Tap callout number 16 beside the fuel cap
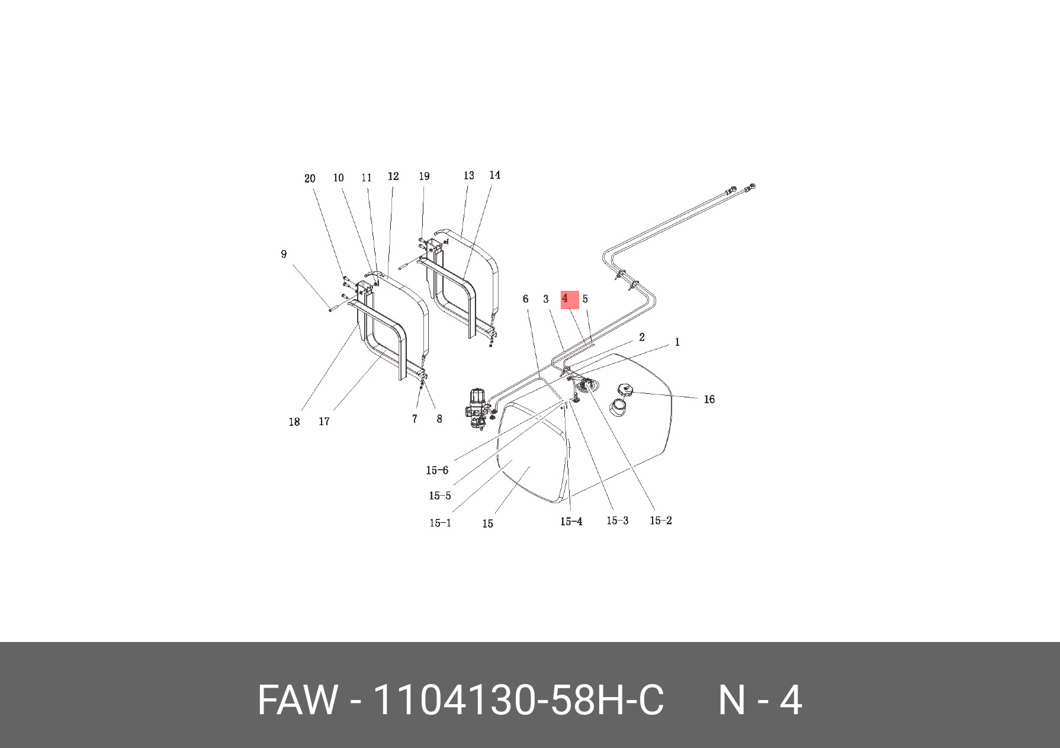coord(709,400)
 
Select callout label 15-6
coord(437,471)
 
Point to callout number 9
coord(284,254)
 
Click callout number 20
coord(310,179)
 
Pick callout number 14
coord(494,175)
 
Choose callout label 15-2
coord(660,521)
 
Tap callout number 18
coord(294,422)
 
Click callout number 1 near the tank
coord(677,342)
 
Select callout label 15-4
coord(571,522)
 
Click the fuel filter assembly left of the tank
coord(477,407)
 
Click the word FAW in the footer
coord(297,700)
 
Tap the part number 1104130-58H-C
coord(518,700)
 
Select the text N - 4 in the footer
coord(760,700)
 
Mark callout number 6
coord(525,299)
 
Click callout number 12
coord(393,176)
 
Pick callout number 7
coord(415,419)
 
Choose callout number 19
coord(424,176)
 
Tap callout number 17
coord(324,422)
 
